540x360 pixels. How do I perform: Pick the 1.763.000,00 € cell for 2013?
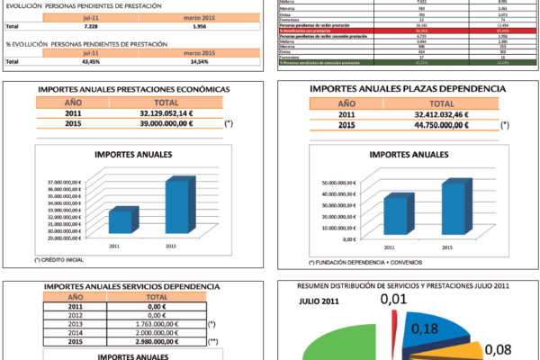157,323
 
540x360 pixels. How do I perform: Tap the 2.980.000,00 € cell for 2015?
157,341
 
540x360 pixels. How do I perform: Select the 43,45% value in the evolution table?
67,61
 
